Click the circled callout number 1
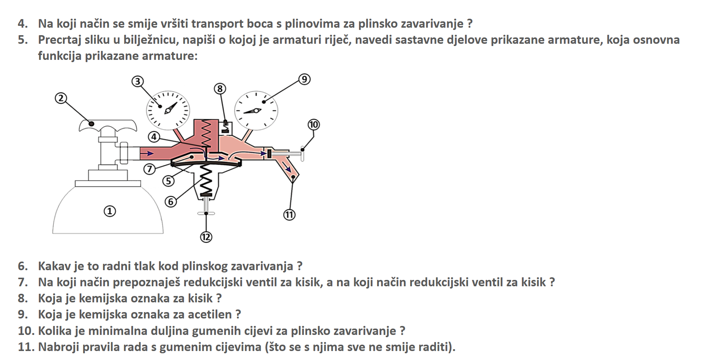coord(110,211)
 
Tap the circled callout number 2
coord(61,98)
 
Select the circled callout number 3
coord(138,81)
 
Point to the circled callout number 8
coord(220,89)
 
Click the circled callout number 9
coord(304,79)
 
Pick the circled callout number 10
coord(313,125)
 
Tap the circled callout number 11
coord(289,215)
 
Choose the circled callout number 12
coord(206,237)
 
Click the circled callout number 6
coord(171,202)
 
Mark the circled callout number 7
coord(149,169)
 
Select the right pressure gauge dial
coord(256,111)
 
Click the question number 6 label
coord(23,266)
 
